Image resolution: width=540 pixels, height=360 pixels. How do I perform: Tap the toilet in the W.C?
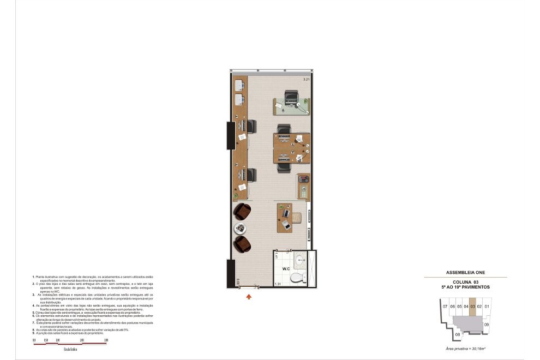297,277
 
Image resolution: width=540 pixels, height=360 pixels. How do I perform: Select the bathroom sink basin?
299,260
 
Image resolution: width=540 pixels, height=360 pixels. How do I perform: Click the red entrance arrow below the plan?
249,297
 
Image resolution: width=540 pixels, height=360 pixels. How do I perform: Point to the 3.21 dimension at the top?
306,80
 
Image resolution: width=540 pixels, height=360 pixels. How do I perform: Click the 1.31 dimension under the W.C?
278,284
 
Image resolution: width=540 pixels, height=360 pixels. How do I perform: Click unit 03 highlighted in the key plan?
472,307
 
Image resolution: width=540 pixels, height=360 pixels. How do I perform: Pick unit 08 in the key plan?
457,334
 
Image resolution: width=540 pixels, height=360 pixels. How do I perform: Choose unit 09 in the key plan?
486,325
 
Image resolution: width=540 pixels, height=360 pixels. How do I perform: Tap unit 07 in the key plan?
445,307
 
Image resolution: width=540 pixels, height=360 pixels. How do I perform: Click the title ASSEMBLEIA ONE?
465,272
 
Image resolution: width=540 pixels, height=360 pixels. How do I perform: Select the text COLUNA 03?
465,281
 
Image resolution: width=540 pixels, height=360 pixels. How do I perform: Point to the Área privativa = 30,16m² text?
465,347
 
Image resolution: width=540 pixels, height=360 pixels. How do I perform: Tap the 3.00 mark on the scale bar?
106,340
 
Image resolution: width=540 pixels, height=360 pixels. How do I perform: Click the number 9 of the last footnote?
34,332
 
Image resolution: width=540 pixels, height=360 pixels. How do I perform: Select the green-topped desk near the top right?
291,106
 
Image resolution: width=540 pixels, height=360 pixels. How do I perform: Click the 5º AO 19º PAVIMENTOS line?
465,287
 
